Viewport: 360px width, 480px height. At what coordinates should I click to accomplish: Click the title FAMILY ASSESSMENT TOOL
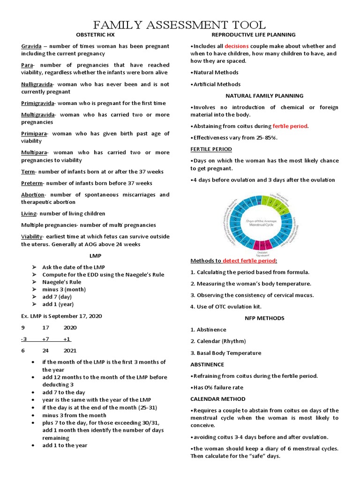point(180,24)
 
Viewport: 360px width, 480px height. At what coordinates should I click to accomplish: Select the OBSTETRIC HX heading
point(96,35)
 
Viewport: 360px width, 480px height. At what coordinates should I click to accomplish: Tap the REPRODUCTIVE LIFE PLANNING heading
point(253,35)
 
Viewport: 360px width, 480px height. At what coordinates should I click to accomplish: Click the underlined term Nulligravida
point(36,84)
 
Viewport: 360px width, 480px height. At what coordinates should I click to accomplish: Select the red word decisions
point(236,46)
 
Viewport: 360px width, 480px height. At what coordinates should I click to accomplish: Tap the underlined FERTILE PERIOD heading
point(211,149)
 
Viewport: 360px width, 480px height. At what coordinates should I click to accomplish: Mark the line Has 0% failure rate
point(217,388)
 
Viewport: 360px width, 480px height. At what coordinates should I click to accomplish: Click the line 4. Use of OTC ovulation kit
point(232,307)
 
